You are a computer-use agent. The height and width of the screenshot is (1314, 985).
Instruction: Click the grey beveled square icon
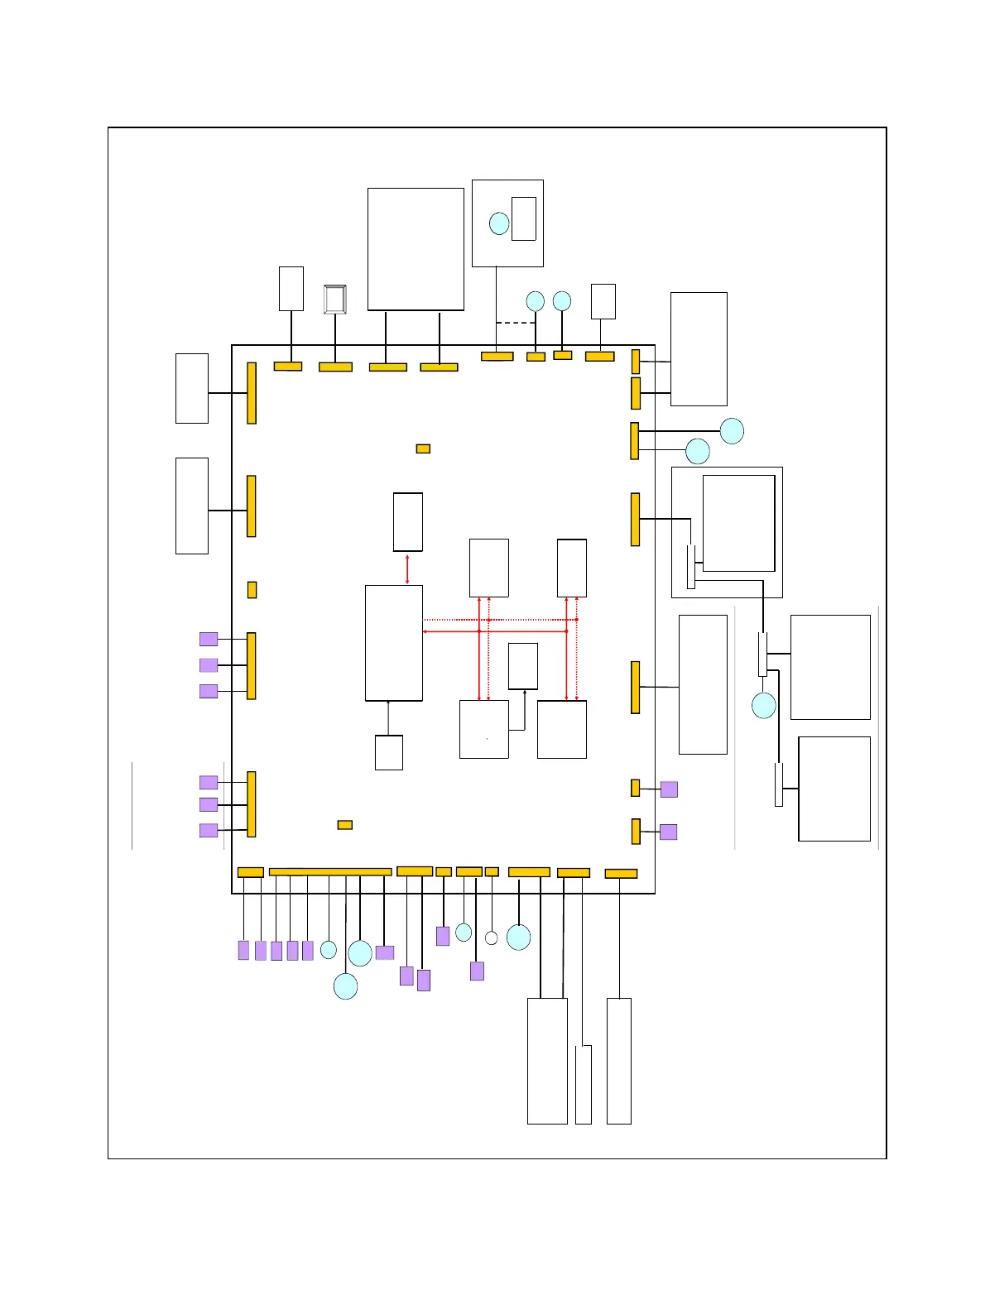point(334,299)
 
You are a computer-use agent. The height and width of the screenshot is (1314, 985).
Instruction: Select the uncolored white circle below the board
point(491,938)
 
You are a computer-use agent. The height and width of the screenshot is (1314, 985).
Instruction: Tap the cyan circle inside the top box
point(499,223)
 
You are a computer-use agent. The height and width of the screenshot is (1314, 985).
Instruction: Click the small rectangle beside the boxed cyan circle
point(523,218)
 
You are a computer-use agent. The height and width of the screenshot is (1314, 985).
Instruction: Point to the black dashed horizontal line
point(516,323)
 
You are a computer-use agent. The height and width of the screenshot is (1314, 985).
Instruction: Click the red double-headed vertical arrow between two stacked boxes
point(407,568)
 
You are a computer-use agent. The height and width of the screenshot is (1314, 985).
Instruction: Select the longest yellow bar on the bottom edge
point(330,872)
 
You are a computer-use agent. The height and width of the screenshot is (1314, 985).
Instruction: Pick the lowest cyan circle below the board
point(345,986)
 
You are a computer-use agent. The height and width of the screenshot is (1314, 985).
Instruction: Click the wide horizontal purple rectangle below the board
point(385,952)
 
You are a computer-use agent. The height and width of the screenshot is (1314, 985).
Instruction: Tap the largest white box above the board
point(416,249)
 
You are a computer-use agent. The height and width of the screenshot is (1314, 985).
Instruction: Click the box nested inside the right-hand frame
point(738,523)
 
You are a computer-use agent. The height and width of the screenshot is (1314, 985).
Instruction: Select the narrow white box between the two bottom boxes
point(584,1084)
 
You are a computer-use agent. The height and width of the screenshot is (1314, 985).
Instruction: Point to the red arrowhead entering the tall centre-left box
point(425,631)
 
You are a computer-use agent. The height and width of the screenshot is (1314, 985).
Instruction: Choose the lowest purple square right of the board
point(669,832)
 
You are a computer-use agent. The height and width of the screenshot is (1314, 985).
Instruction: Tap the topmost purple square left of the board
point(209,639)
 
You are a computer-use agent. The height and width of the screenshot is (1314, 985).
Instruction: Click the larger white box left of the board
point(192,506)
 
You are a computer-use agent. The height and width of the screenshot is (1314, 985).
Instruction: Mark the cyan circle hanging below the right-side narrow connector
point(764,706)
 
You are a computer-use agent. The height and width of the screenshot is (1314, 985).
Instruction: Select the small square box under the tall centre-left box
point(389,752)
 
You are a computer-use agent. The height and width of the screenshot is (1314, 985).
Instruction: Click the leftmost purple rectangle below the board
point(243,950)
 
